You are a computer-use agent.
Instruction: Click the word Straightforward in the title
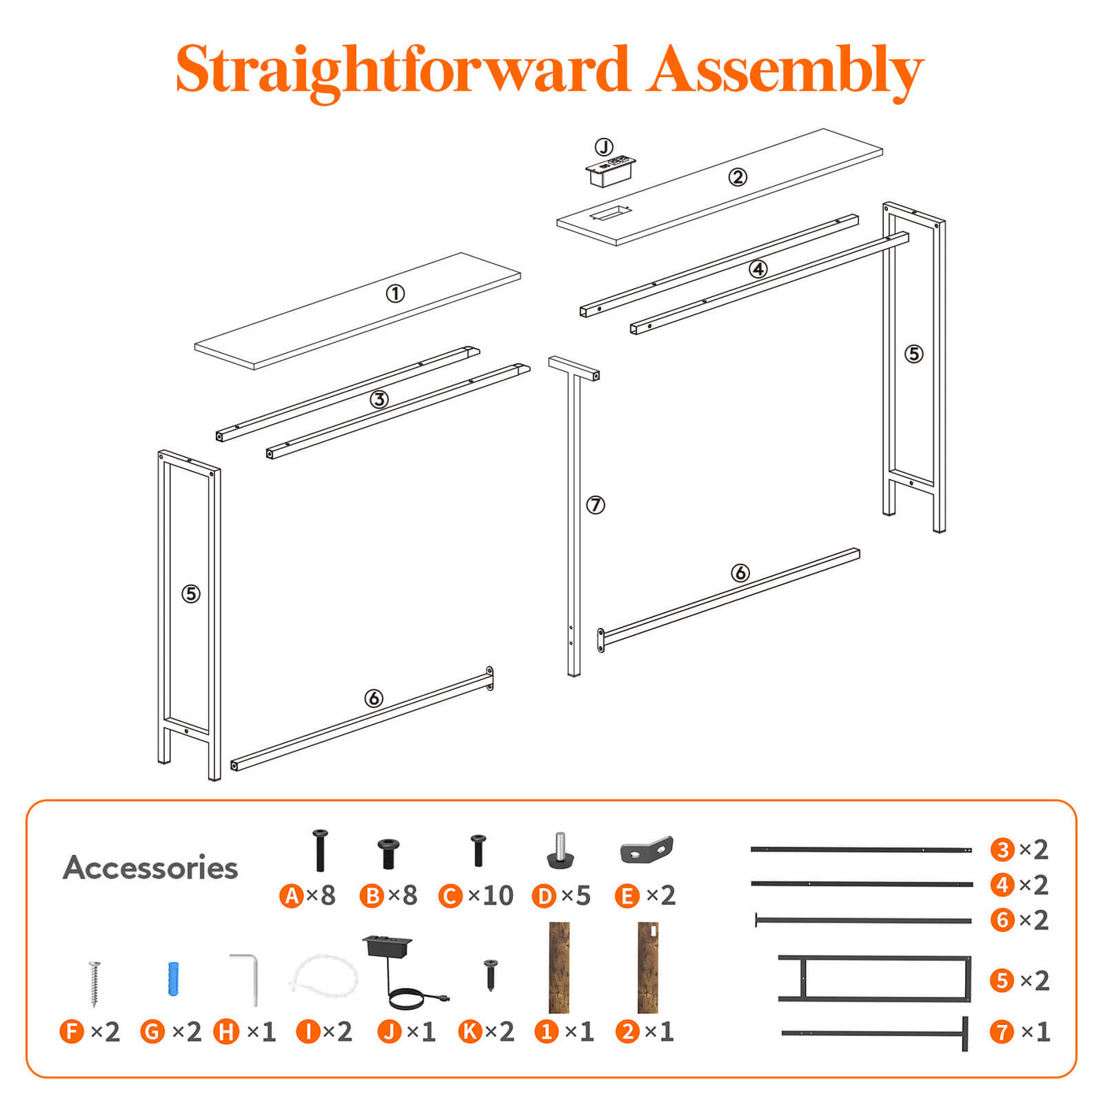tap(403, 70)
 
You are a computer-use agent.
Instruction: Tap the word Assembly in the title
tap(784, 72)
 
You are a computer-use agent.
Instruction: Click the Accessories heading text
tap(150, 867)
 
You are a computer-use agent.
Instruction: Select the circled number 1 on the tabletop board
tap(395, 294)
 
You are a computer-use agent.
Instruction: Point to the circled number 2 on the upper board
tap(737, 176)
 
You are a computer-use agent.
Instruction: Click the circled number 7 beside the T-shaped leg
tap(596, 505)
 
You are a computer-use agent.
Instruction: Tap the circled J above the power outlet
tap(603, 147)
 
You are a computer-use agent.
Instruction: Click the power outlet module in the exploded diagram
tap(610, 171)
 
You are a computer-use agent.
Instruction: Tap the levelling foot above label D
tap(560, 851)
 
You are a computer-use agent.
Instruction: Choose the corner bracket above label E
tap(647, 850)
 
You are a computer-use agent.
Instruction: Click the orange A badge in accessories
tap(291, 896)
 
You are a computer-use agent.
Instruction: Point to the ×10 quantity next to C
tap(491, 896)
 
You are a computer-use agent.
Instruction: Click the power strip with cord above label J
tap(401, 972)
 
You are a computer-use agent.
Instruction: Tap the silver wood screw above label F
tap(95, 983)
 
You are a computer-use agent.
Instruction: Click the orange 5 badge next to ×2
tap(1002, 981)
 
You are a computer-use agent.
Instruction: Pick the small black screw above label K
tap(490, 975)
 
